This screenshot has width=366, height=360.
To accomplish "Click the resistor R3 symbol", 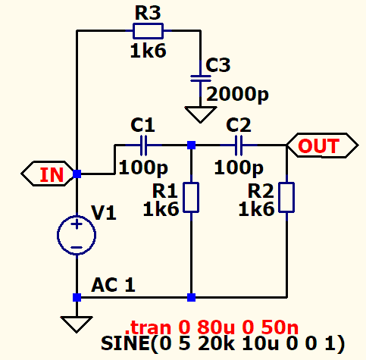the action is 148,31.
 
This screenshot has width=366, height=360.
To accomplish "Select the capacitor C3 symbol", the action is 201,79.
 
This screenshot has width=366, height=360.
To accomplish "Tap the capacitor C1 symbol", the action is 143,146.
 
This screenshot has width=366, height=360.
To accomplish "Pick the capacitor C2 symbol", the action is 239,146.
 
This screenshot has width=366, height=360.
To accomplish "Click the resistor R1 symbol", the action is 191,197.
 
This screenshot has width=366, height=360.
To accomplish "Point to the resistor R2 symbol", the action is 286,197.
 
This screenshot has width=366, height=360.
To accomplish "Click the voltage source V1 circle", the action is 77,235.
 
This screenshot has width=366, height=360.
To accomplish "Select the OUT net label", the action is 323,146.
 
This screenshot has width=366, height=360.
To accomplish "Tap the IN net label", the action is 47,174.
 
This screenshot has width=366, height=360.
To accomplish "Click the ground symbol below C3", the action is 201,114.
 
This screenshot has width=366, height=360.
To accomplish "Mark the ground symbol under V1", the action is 77,324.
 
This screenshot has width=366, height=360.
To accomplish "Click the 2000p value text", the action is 237,95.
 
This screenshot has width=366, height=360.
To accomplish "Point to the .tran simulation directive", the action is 211,327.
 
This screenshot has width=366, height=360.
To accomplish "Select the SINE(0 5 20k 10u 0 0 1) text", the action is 223,343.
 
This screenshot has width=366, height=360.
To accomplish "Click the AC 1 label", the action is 113,285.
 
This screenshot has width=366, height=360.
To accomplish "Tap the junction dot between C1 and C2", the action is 191,146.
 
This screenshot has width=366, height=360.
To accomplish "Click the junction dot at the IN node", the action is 77,174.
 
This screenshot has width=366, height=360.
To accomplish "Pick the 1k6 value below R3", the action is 148,51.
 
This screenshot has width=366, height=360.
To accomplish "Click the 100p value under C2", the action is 239,167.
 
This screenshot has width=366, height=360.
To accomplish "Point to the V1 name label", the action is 104,213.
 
